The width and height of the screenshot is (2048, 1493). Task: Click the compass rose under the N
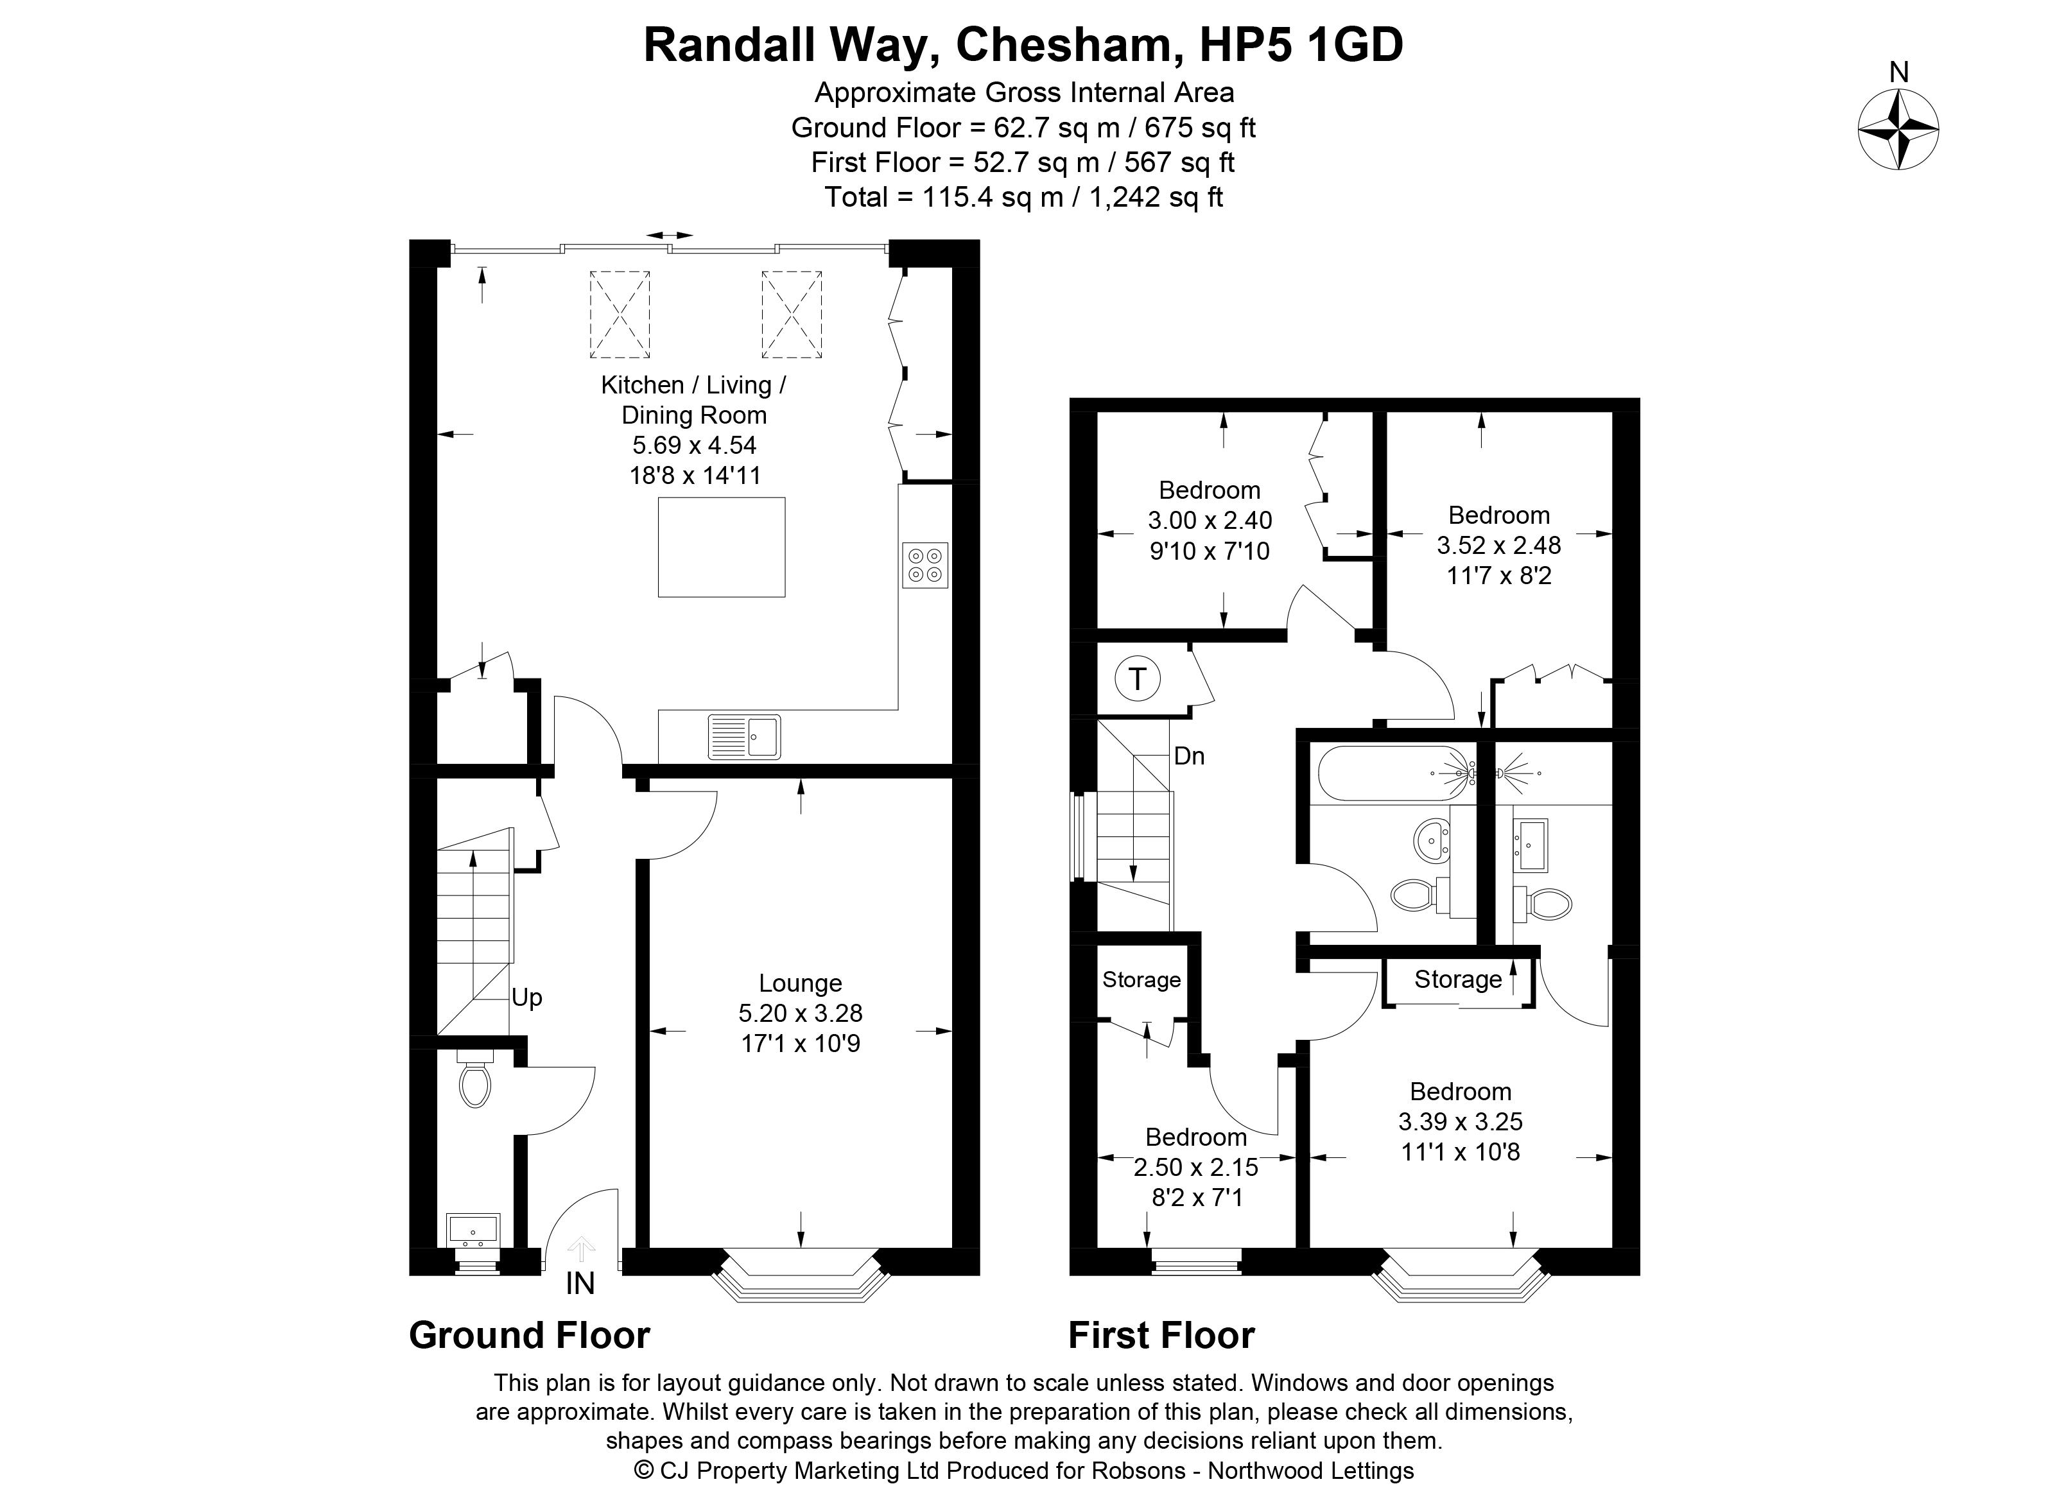coord(1898,128)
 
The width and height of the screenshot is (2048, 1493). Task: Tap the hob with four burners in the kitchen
coord(924,565)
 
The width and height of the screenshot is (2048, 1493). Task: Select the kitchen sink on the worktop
coord(744,737)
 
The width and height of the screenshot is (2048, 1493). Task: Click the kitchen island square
coord(721,547)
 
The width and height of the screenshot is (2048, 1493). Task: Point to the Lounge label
coord(800,982)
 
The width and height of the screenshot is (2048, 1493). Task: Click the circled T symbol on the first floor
coord(1138,678)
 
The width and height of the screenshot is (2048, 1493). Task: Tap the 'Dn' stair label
coord(1190,755)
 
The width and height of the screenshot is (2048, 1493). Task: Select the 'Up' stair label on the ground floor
coord(527,997)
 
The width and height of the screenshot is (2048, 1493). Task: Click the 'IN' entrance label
coord(580,1283)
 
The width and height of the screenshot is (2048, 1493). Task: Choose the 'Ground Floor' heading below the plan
coord(530,1335)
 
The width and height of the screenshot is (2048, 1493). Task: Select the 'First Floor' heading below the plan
coord(1161,1335)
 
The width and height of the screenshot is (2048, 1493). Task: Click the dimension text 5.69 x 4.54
coord(694,445)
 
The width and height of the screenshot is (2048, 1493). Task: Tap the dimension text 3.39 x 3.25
coord(1461,1121)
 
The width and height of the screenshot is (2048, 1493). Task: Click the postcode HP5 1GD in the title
coord(1301,44)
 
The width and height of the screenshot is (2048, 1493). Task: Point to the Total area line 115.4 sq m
coord(1023,197)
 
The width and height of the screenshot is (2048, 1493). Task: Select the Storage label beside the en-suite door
coord(1458,979)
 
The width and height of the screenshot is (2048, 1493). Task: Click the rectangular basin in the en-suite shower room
coord(1530,844)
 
